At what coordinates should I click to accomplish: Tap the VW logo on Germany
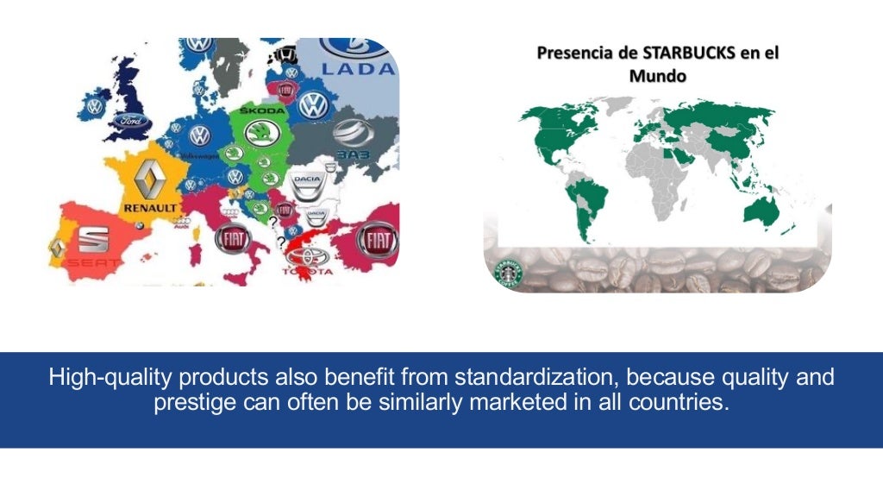click(x=200, y=135)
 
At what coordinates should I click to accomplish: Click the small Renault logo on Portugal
click(x=57, y=248)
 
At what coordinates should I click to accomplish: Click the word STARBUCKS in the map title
click(x=687, y=53)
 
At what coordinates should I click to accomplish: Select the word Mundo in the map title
click(x=657, y=76)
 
